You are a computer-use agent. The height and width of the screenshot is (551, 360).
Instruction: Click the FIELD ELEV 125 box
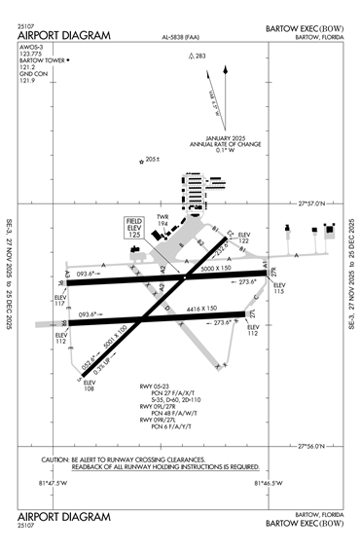tap(136, 229)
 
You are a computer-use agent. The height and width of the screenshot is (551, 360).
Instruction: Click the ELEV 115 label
tap(280, 288)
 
